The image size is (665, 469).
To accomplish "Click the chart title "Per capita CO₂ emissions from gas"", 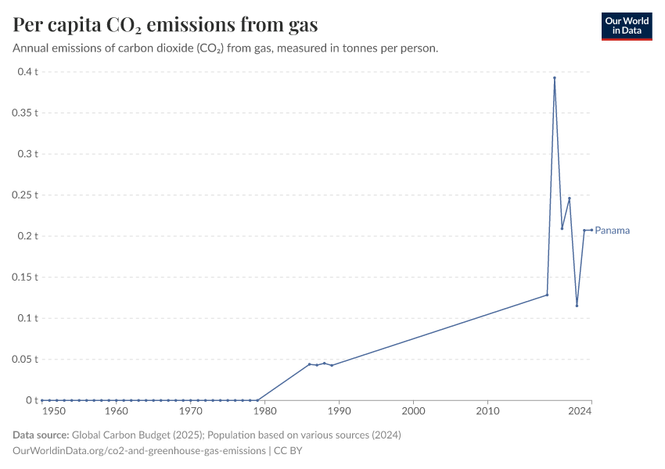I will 165,25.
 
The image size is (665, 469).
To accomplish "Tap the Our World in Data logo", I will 627,26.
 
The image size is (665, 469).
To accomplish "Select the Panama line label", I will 613,231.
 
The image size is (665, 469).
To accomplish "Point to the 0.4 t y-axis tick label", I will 28,72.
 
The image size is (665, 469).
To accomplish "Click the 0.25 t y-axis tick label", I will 25,195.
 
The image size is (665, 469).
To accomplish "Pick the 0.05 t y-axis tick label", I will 25,359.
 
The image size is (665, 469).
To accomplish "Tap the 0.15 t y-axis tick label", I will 25,277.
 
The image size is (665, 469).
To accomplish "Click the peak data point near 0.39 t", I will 555,78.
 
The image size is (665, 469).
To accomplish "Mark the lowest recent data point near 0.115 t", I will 577,306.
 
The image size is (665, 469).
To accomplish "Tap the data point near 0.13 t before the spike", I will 547,295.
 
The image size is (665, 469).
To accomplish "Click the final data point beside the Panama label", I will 591,230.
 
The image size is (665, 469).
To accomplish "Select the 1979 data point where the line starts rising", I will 257,400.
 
